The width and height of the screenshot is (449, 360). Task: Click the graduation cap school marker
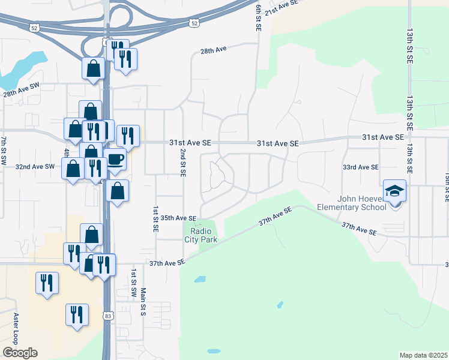click(395, 191)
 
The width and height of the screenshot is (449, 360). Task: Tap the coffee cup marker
click(115, 160)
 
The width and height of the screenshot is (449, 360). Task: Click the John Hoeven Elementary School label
click(351, 203)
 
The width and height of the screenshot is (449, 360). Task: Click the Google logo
click(20, 353)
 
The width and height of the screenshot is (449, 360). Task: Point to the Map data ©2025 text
click(423, 355)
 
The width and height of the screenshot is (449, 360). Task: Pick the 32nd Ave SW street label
click(35, 166)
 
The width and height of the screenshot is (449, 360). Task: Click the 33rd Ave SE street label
click(361, 167)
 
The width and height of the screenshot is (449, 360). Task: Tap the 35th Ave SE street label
click(178, 218)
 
